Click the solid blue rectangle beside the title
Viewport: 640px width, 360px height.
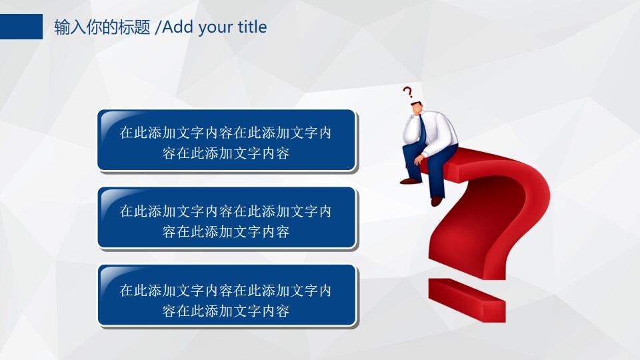click(x=21, y=27)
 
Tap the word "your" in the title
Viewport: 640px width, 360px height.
click(x=216, y=28)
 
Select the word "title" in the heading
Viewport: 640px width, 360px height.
click(x=252, y=27)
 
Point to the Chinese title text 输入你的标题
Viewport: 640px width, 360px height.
click(x=103, y=27)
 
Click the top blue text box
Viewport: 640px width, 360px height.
click(x=227, y=140)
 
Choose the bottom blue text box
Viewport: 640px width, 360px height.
click(x=227, y=295)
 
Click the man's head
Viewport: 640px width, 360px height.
click(x=417, y=108)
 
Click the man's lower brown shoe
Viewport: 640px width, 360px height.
click(x=437, y=201)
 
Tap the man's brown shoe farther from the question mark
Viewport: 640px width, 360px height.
click(x=410, y=181)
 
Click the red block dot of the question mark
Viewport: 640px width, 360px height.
click(x=467, y=300)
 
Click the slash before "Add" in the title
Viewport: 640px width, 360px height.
click(x=158, y=27)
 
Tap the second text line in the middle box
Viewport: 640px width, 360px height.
click(x=226, y=232)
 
